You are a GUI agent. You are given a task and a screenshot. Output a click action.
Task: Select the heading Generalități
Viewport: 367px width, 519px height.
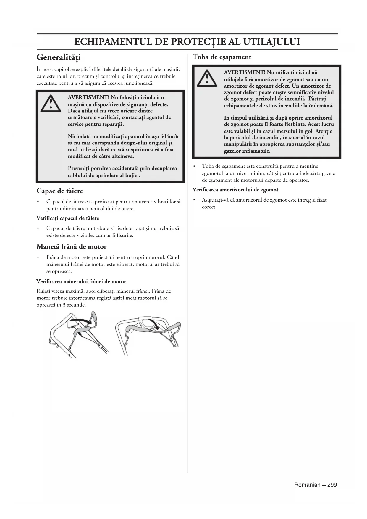[x=59, y=57]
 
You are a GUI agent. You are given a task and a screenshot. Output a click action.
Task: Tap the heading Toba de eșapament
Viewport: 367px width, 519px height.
[x=222, y=57]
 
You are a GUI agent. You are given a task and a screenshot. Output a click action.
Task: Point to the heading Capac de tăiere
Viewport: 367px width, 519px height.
[x=60, y=191]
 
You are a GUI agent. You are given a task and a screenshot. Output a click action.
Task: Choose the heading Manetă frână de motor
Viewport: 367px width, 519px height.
[x=72, y=246]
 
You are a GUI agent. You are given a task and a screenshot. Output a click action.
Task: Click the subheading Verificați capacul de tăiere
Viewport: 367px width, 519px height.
[x=68, y=218]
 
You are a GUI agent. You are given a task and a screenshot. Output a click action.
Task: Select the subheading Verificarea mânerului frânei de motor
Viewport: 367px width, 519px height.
[x=81, y=281]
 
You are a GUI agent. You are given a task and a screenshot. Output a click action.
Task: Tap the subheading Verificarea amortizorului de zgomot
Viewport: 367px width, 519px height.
[x=235, y=190]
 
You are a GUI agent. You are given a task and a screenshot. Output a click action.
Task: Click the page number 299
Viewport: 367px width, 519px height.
[x=332, y=485]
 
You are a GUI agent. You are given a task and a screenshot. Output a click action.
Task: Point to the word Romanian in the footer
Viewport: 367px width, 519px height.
[x=307, y=485]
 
